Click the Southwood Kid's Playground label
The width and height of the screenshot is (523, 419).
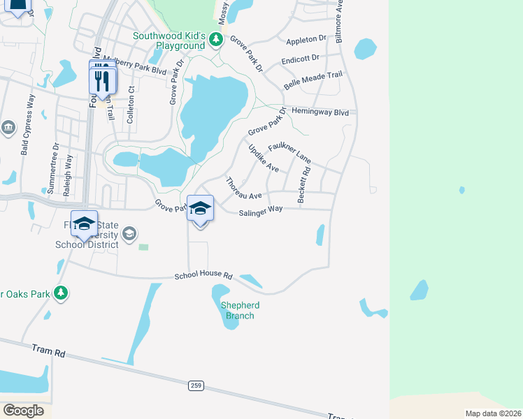pos(169,41)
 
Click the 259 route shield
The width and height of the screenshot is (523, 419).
pos(195,385)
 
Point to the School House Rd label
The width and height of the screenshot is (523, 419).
pos(203,277)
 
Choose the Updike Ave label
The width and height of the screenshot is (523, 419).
pos(263,159)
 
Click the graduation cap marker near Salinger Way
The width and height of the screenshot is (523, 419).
pos(200,209)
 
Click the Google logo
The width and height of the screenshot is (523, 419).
pos(23,411)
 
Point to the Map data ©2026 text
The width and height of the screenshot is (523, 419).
pos(493,413)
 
